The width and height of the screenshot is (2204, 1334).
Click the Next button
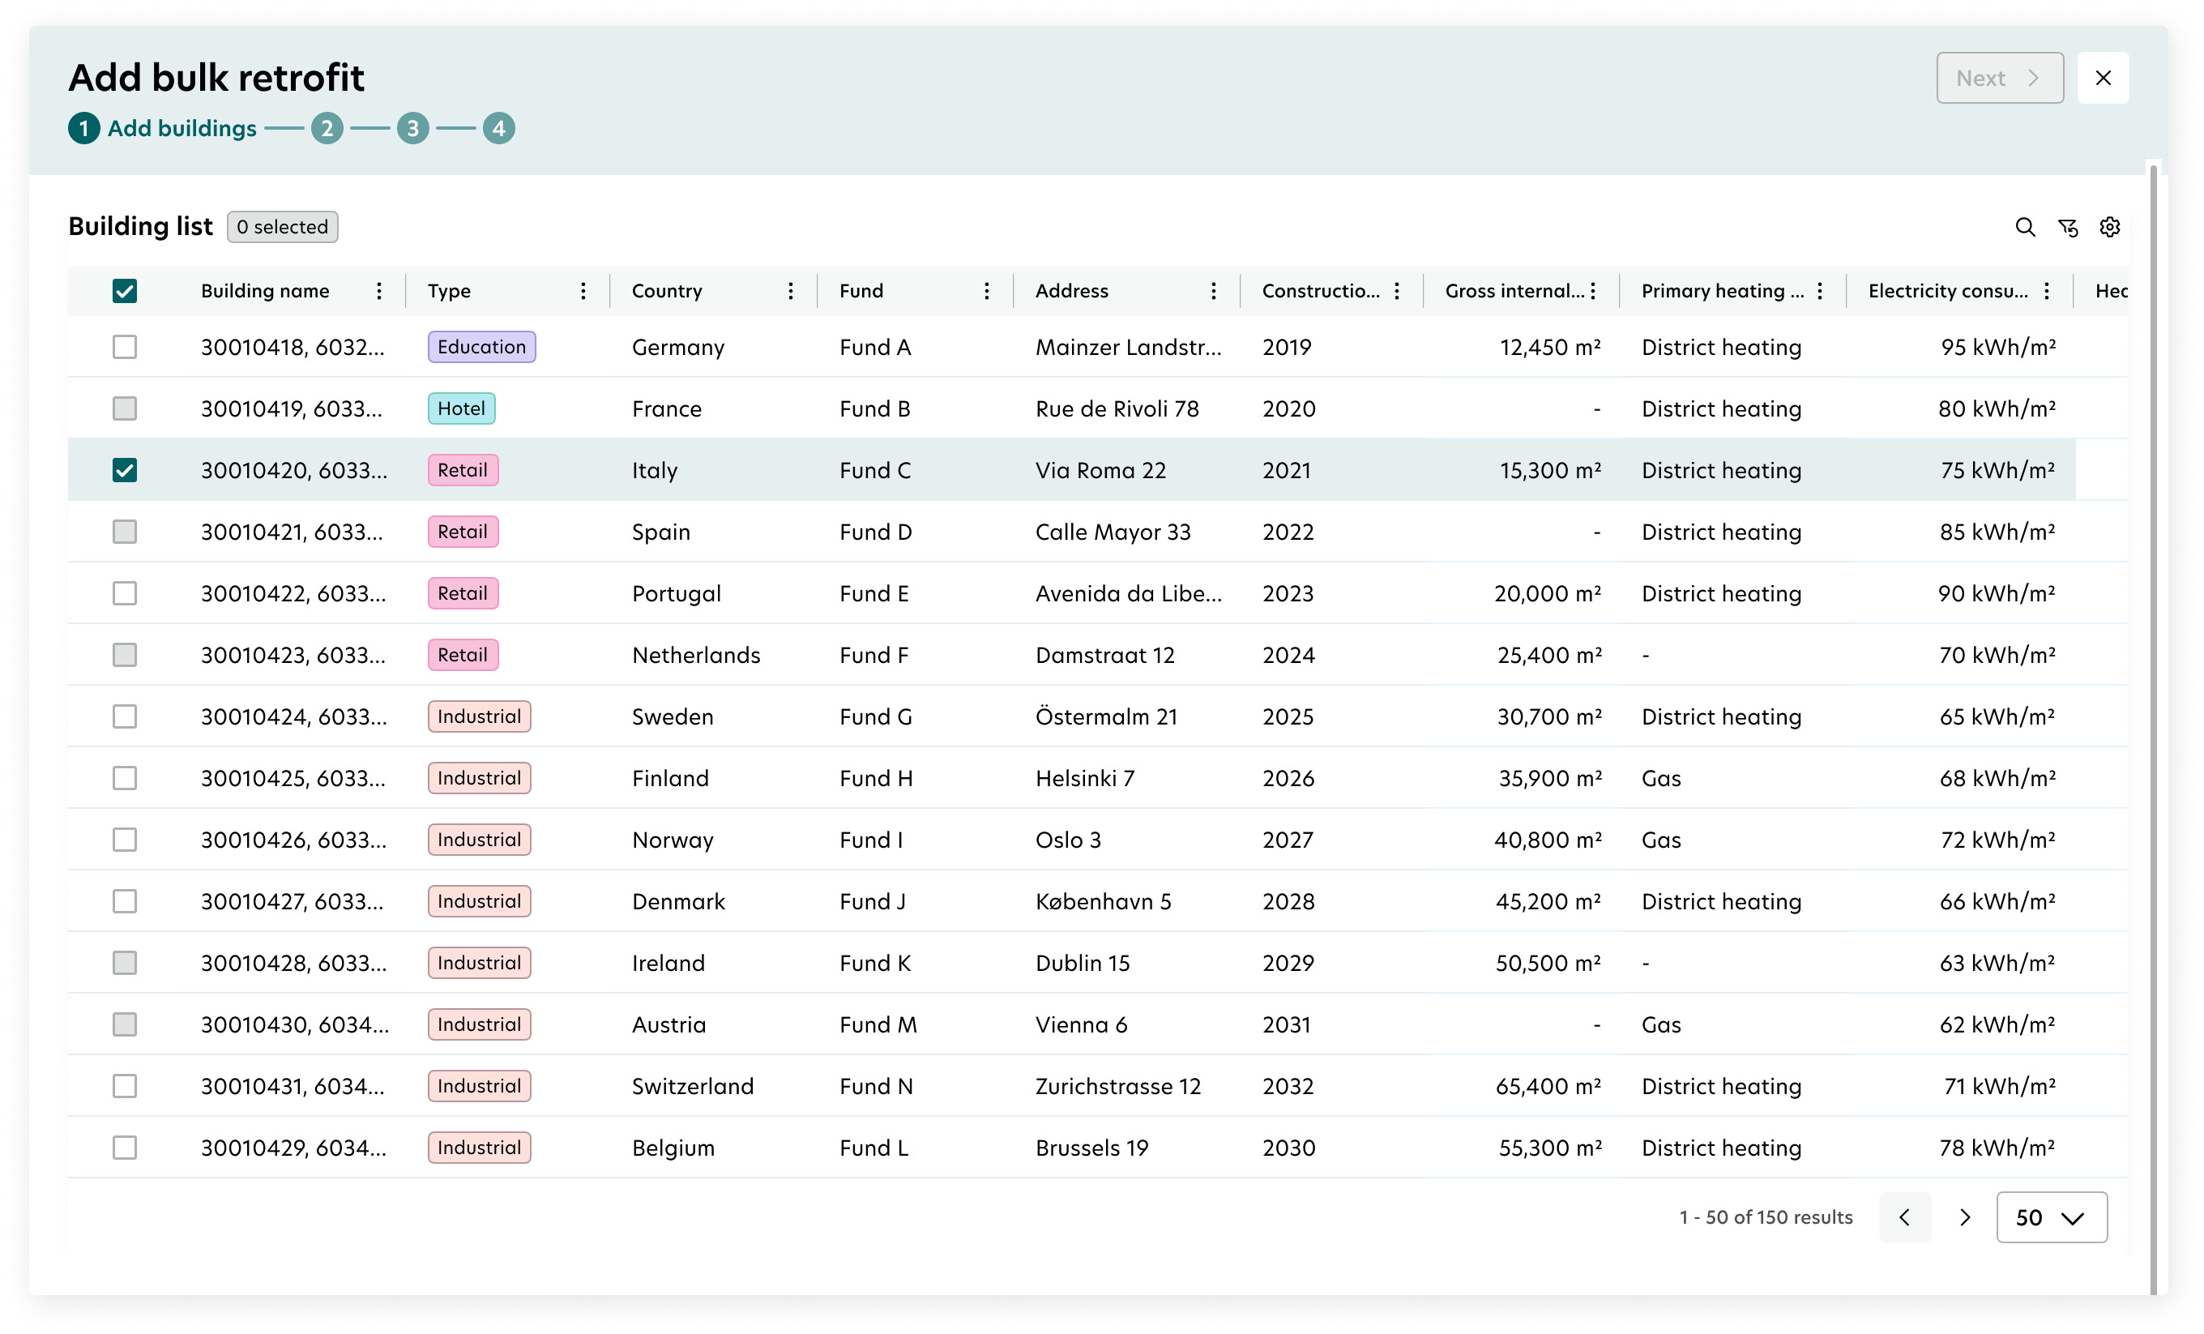(x=1999, y=78)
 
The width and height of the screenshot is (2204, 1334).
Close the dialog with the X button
(x=2103, y=78)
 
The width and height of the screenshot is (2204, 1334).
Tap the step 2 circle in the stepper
(x=327, y=128)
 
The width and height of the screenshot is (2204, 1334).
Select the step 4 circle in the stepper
(x=499, y=128)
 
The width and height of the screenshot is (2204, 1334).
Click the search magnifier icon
(x=2025, y=227)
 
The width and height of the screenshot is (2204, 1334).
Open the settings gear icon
(x=2110, y=227)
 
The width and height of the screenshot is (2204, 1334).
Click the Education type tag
(x=481, y=347)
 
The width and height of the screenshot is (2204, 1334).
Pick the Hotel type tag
(x=462, y=409)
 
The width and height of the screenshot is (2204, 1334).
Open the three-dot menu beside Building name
(x=379, y=291)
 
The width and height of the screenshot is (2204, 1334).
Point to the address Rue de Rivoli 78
(x=1117, y=409)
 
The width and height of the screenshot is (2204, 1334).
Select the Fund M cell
(x=878, y=1024)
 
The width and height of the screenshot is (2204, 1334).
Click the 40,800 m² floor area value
(x=1548, y=840)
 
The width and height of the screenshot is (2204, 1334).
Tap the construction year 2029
(x=1288, y=963)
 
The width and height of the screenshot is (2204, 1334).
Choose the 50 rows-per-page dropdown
(x=2051, y=1217)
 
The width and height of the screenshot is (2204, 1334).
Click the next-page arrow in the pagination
(x=1965, y=1217)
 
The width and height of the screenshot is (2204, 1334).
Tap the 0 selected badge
(x=283, y=227)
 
